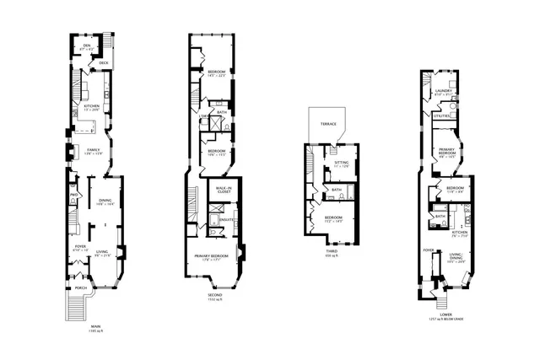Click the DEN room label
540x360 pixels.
coord(87,46)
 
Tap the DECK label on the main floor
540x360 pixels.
coord(104,63)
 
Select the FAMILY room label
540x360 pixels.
coord(94,148)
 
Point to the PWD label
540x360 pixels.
coord(73,196)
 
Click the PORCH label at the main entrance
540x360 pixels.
coord(81,287)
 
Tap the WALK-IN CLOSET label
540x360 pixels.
coord(224,191)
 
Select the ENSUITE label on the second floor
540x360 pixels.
coord(226,220)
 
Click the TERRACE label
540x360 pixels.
coord(327,124)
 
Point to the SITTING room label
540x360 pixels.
coord(341,163)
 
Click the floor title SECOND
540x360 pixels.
coord(214,296)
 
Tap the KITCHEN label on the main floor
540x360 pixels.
coord(92,106)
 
